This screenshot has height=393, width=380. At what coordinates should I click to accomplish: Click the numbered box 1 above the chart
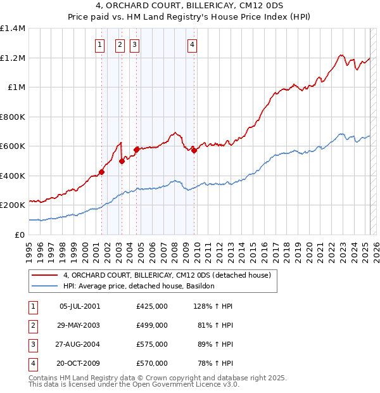[x=100, y=44]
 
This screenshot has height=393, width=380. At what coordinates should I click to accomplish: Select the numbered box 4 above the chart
[x=192, y=44]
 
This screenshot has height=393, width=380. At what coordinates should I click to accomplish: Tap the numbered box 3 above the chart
[x=135, y=44]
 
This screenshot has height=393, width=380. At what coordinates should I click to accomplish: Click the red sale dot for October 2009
[x=194, y=150]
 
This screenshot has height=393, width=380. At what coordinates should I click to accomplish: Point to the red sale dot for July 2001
[x=101, y=172]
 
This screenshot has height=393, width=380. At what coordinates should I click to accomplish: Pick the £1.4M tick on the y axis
[x=13, y=29]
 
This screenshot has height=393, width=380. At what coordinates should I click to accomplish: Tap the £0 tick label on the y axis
[x=20, y=235]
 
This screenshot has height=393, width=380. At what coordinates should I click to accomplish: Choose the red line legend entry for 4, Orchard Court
[x=167, y=275]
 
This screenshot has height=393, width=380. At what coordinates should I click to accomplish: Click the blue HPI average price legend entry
[x=139, y=286]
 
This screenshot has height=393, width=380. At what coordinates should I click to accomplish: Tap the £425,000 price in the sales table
[x=151, y=306]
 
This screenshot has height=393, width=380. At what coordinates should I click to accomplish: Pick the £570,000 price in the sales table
[x=151, y=363]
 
